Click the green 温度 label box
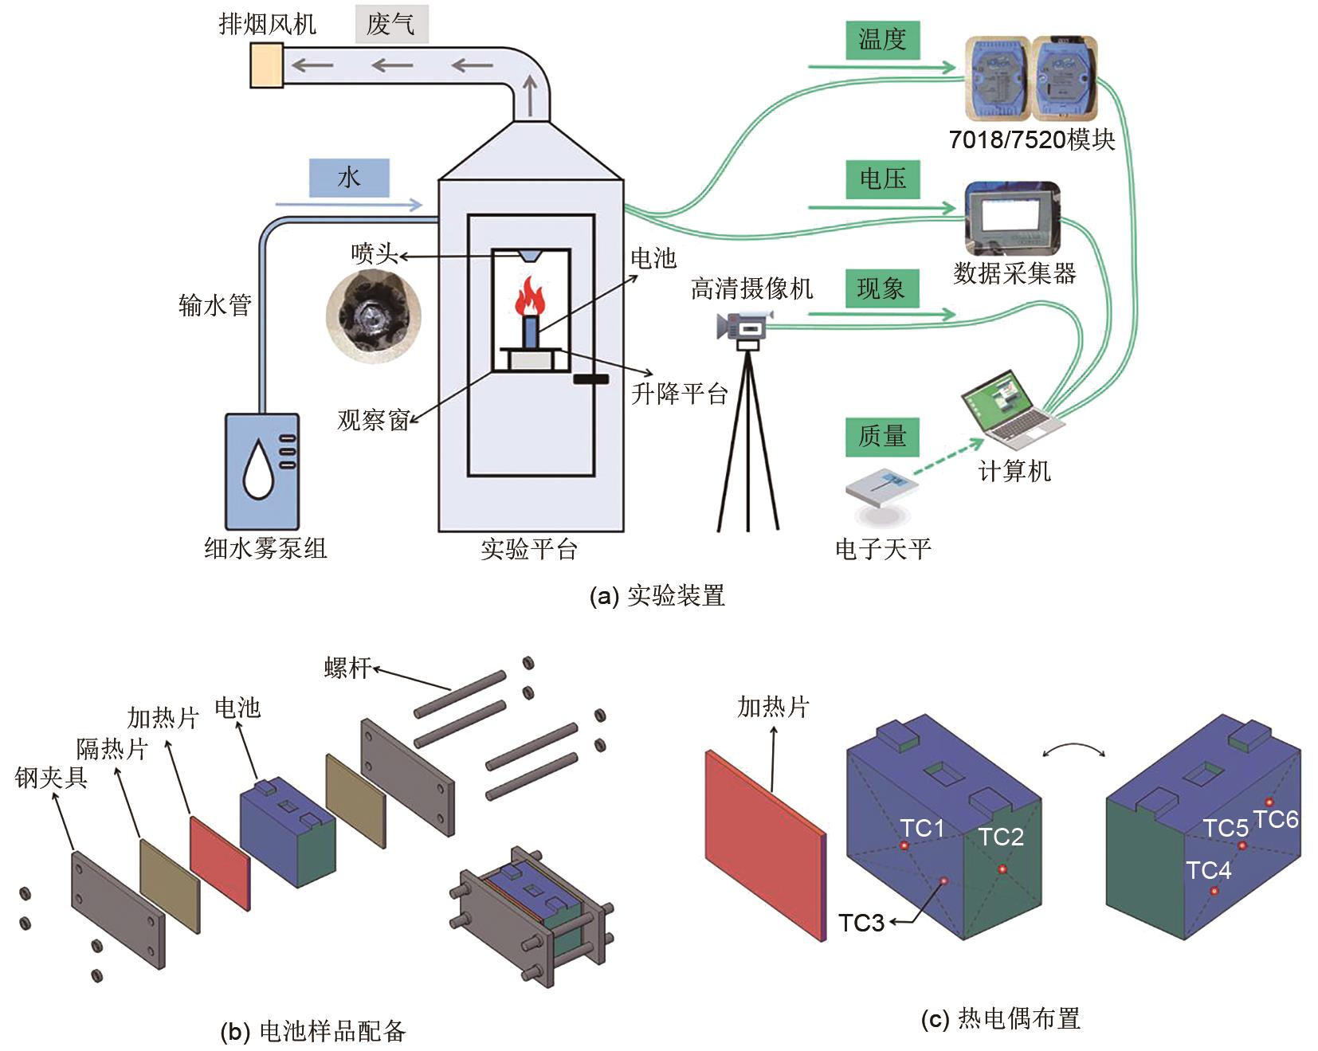tap(882, 40)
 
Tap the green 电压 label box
tap(882, 179)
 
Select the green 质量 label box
tap(882, 436)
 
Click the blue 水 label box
tap(349, 178)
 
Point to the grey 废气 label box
tap(391, 25)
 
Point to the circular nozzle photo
tap(373, 315)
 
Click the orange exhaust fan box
tap(266, 64)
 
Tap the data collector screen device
tap(1012, 218)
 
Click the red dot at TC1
tap(904, 845)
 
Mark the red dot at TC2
tap(1002, 869)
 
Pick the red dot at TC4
tap(1214, 892)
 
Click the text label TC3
tap(861, 923)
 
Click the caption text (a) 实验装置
tap(657, 596)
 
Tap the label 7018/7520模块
tap(1031, 139)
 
